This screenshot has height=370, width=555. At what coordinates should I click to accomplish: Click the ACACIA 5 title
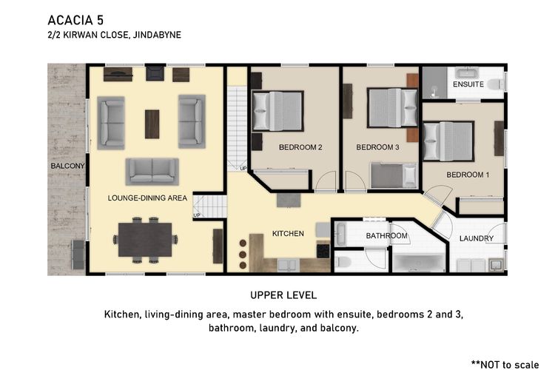pyautogui.click(x=75, y=20)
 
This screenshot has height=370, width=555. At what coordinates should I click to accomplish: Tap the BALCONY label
pyautogui.click(x=67, y=166)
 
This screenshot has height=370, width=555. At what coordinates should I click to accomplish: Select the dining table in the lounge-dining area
pyautogui.click(x=145, y=240)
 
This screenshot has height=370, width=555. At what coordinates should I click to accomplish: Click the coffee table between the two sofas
pyautogui.click(x=152, y=124)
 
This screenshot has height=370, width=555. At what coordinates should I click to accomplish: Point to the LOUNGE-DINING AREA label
pyautogui.click(x=147, y=198)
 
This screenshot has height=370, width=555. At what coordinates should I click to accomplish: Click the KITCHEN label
pyautogui.click(x=288, y=233)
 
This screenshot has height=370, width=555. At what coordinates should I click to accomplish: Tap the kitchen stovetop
pyautogui.click(x=323, y=251)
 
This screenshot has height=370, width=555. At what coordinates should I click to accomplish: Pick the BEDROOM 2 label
pyautogui.click(x=300, y=147)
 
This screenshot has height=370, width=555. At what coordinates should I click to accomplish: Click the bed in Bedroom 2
pyautogui.click(x=277, y=111)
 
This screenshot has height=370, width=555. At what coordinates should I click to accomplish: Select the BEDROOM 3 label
pyautogui.click(x=377, y=147)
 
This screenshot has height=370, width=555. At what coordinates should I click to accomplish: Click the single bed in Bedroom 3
pyautogui.click(x=394, y=175)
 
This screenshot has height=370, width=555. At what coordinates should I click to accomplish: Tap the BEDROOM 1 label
pyautogui.click(x=468, y=175)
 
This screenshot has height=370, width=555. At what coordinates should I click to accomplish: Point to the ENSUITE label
pyautogui.click(x=468, y=84)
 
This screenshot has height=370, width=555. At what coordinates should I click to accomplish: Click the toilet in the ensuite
pyautogui.click(x=496, y=84)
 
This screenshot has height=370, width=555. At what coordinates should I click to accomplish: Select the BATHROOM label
pyautogui.click(x=386, y=235)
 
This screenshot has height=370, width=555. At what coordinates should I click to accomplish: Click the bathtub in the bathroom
pyautogui.click(x=419, y=263)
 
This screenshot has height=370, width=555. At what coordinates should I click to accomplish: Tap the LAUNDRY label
pyautogui.click(x=477, y=238)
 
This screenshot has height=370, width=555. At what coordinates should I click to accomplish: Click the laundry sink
pyautogui.click(x=497, y=264)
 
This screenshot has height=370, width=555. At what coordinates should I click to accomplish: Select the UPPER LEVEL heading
pyautogui.click(x=283, y=295)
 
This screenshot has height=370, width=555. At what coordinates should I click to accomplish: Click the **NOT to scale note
pyautogui.click(x=505, y=364)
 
